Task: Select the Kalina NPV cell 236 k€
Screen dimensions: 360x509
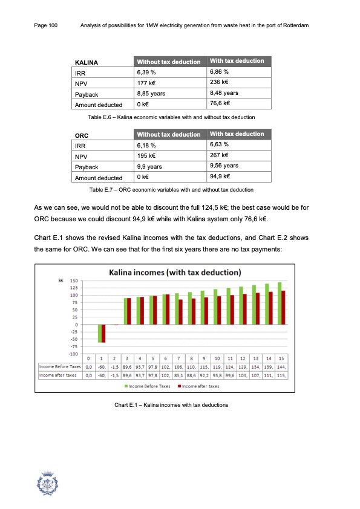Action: click(218, 83)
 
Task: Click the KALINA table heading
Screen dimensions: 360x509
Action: click(87, 62)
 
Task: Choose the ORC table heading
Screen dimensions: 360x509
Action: click(82, 135)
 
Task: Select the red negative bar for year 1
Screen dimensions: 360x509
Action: click(103, 334)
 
